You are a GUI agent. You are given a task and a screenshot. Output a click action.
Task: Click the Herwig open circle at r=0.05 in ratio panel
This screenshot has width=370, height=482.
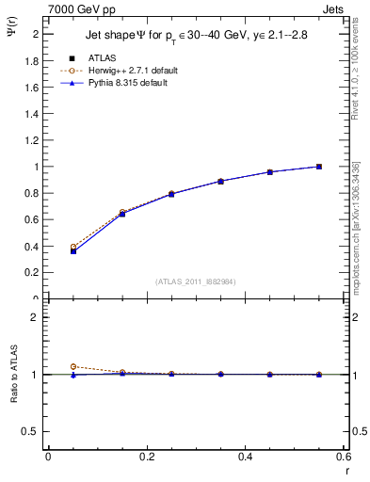click(72, 366)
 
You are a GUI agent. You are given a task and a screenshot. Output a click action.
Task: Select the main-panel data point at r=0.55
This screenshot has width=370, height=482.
click(319, 167)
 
